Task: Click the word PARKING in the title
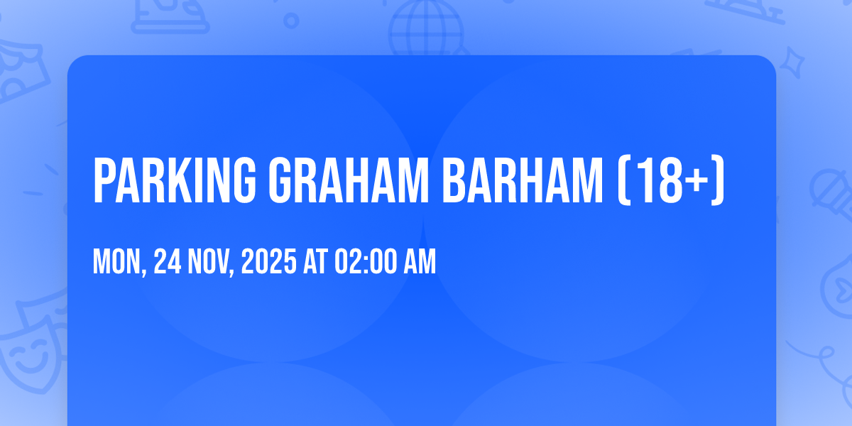(x=175, y=180)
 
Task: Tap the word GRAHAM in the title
(x=349, y=180)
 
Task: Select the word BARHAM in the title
(x=523, y=180)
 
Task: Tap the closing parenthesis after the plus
(x=717, y=180)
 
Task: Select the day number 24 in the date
(x=168, y=261)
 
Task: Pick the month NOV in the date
(x=208, y=261)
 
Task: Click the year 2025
(x=268, y=261)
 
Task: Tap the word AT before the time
(x=315, y=261)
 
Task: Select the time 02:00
(x=366, y=261)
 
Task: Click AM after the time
(x=420, y=261)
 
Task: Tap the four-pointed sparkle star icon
(x=792, y=62)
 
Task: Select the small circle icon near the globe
(x=291, y=21)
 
